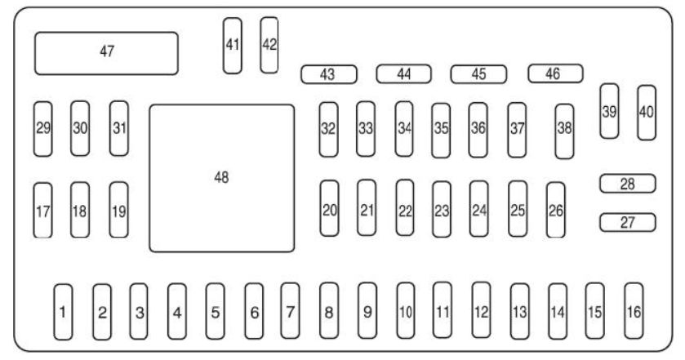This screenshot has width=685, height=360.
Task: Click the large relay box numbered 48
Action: click(221, 178)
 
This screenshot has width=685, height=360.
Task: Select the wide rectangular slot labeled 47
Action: click(106, 52)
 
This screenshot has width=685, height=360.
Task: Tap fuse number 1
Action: click(62, 311)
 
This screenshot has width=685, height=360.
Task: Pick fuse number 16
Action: click(634, 311)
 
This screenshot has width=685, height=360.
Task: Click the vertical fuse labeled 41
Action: click(233, 45)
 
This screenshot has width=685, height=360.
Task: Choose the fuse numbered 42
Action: click(269, 45)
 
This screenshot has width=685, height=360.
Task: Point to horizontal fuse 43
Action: click(329, 74)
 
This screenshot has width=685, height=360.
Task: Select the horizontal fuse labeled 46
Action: click(554, 73)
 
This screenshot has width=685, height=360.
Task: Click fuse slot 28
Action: click(627, 184)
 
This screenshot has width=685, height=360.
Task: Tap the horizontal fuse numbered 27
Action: click(627, 221)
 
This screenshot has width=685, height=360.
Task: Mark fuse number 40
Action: click(647, 112)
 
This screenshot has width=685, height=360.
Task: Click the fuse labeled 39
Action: click(609, 112)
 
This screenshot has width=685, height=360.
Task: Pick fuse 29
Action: click(43, 128)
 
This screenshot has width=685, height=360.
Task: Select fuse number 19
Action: click(118, 210)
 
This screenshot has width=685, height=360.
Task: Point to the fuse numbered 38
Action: click(564, 131)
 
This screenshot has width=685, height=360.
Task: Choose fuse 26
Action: click(556, 210)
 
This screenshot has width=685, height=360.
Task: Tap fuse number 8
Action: click(328, 311)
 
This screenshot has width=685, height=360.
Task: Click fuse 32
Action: click(328, 128)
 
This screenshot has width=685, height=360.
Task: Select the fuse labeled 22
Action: click(405, 208)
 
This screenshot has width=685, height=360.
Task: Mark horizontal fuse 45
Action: click(478, 74)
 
